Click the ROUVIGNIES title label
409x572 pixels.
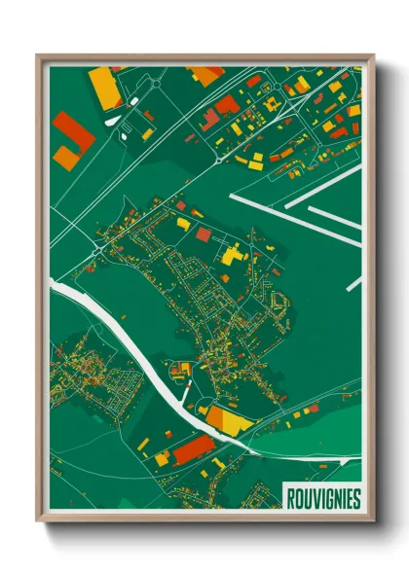(x=323, y=499)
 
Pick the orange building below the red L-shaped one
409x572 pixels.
(x=65, y=156)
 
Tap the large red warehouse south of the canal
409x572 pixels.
(x=194, y=448)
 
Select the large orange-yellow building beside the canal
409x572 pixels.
(x=227, y=420)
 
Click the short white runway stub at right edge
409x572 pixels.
(x=353, y=285)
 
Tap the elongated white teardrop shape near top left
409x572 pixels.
(x=115, y=119)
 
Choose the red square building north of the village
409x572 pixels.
(x=203, y=234)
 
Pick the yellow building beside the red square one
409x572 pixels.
(x=183, y=224)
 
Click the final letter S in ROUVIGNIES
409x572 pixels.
(x=356, y=499)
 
